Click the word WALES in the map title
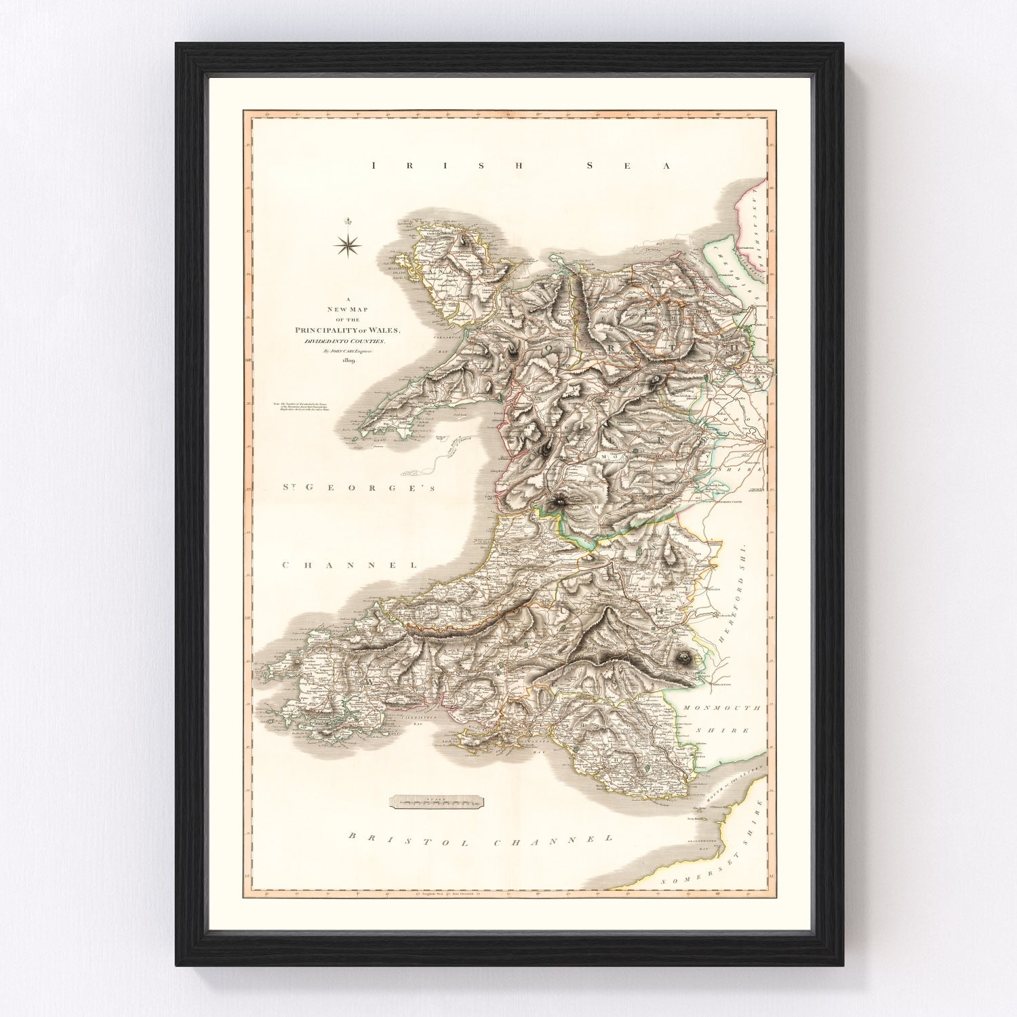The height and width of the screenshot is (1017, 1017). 387,330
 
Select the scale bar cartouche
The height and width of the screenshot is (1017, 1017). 439,803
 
